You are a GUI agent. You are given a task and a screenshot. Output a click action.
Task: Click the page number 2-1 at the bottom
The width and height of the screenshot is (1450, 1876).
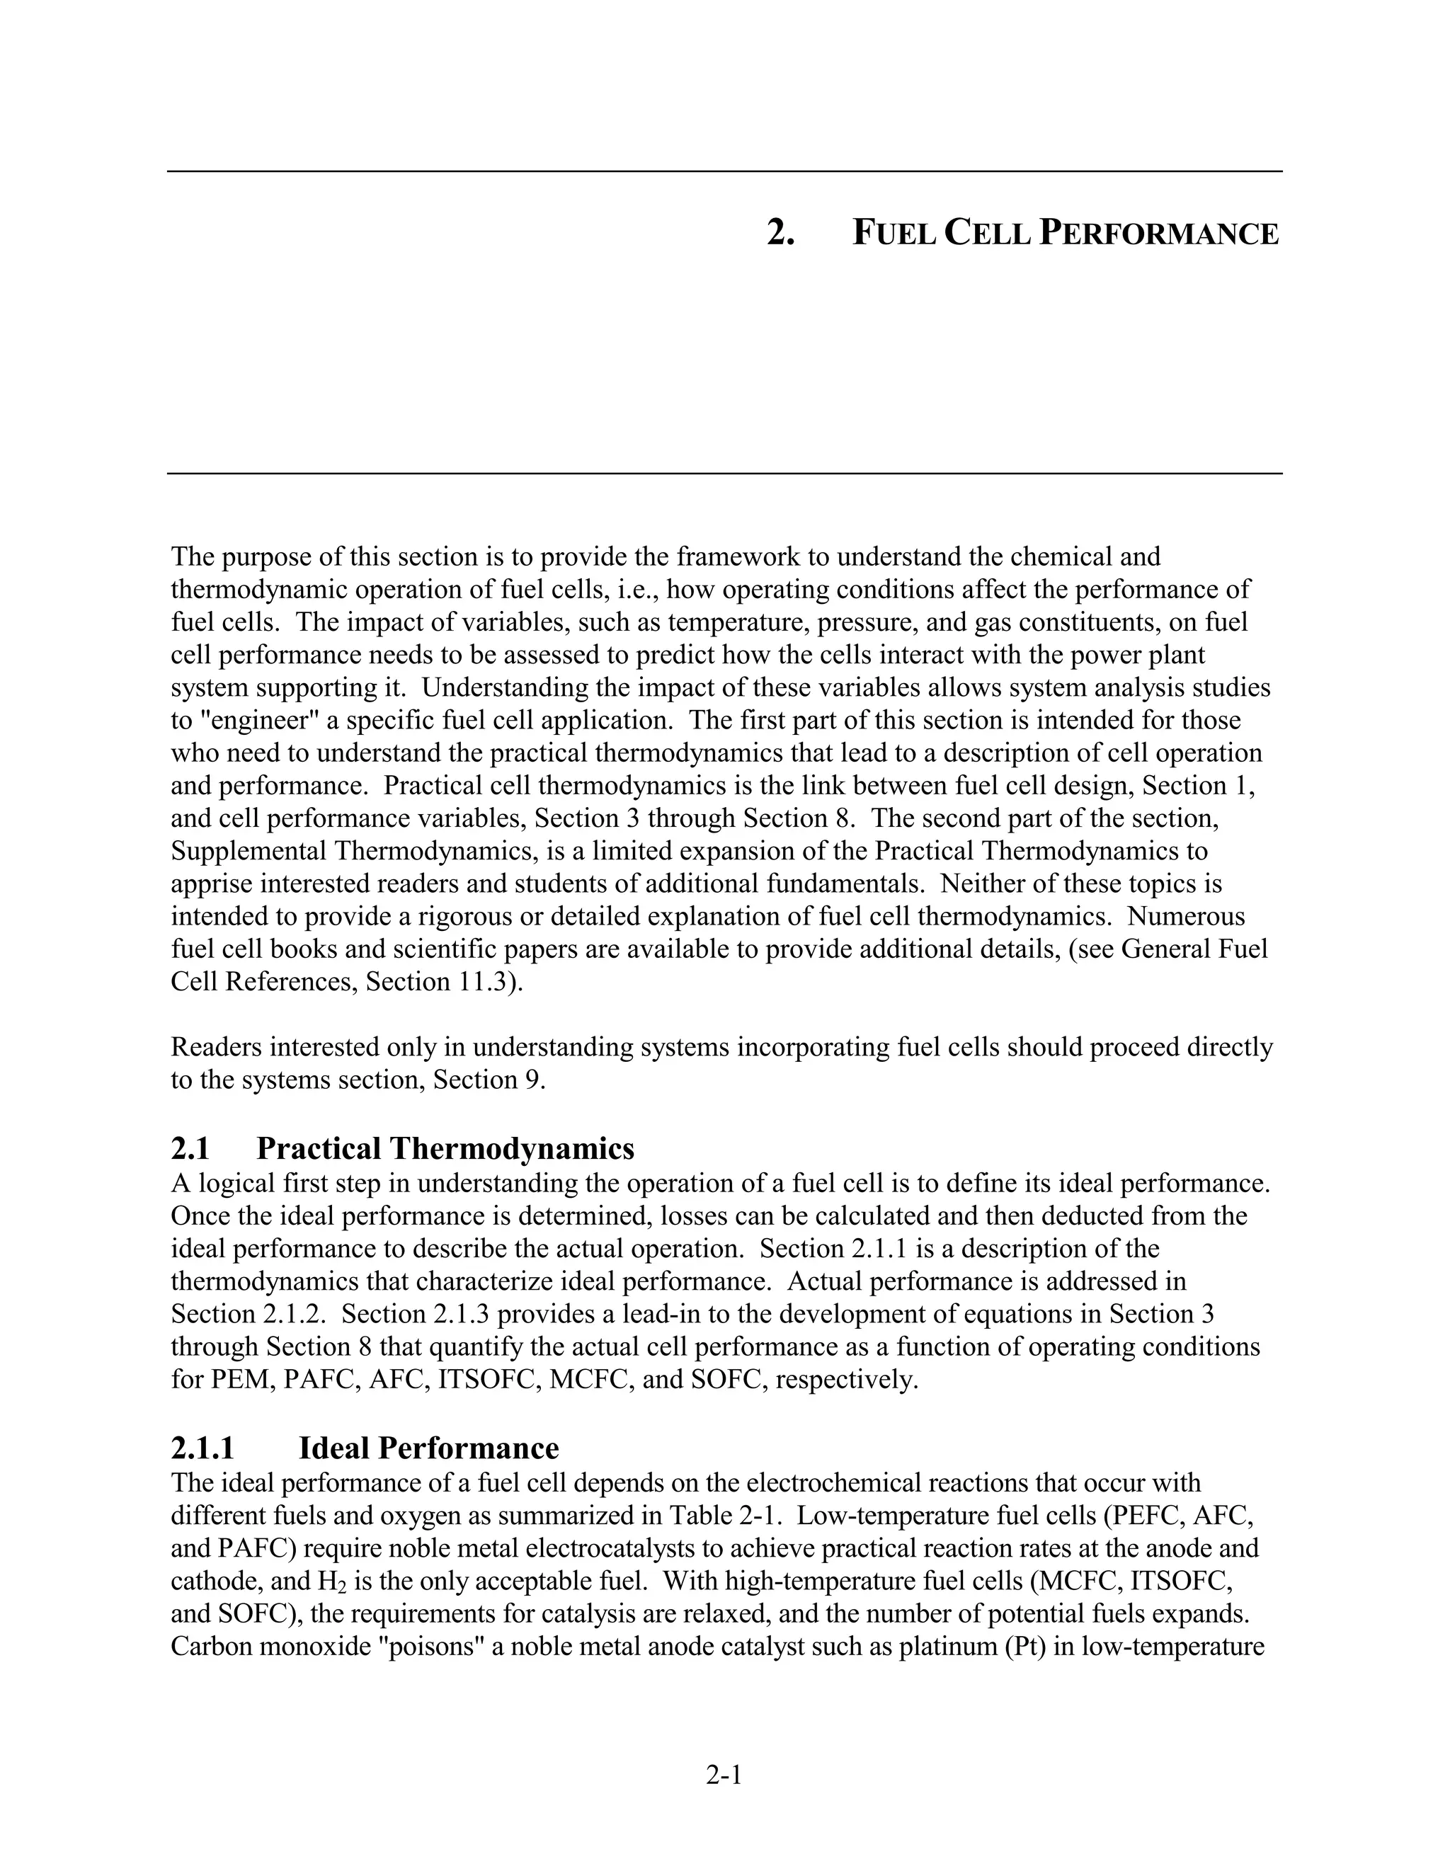[724, 1774]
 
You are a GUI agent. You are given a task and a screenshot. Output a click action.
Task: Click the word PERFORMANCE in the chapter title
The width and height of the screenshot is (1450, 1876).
[1159, 233]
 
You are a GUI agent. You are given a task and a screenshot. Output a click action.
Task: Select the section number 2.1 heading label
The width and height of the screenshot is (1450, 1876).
[190, 1148]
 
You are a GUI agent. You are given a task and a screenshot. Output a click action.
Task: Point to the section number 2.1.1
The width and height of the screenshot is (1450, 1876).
[202, 1448]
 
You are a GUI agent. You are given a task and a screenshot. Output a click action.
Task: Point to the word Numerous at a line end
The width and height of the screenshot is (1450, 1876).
[1185, 917]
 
